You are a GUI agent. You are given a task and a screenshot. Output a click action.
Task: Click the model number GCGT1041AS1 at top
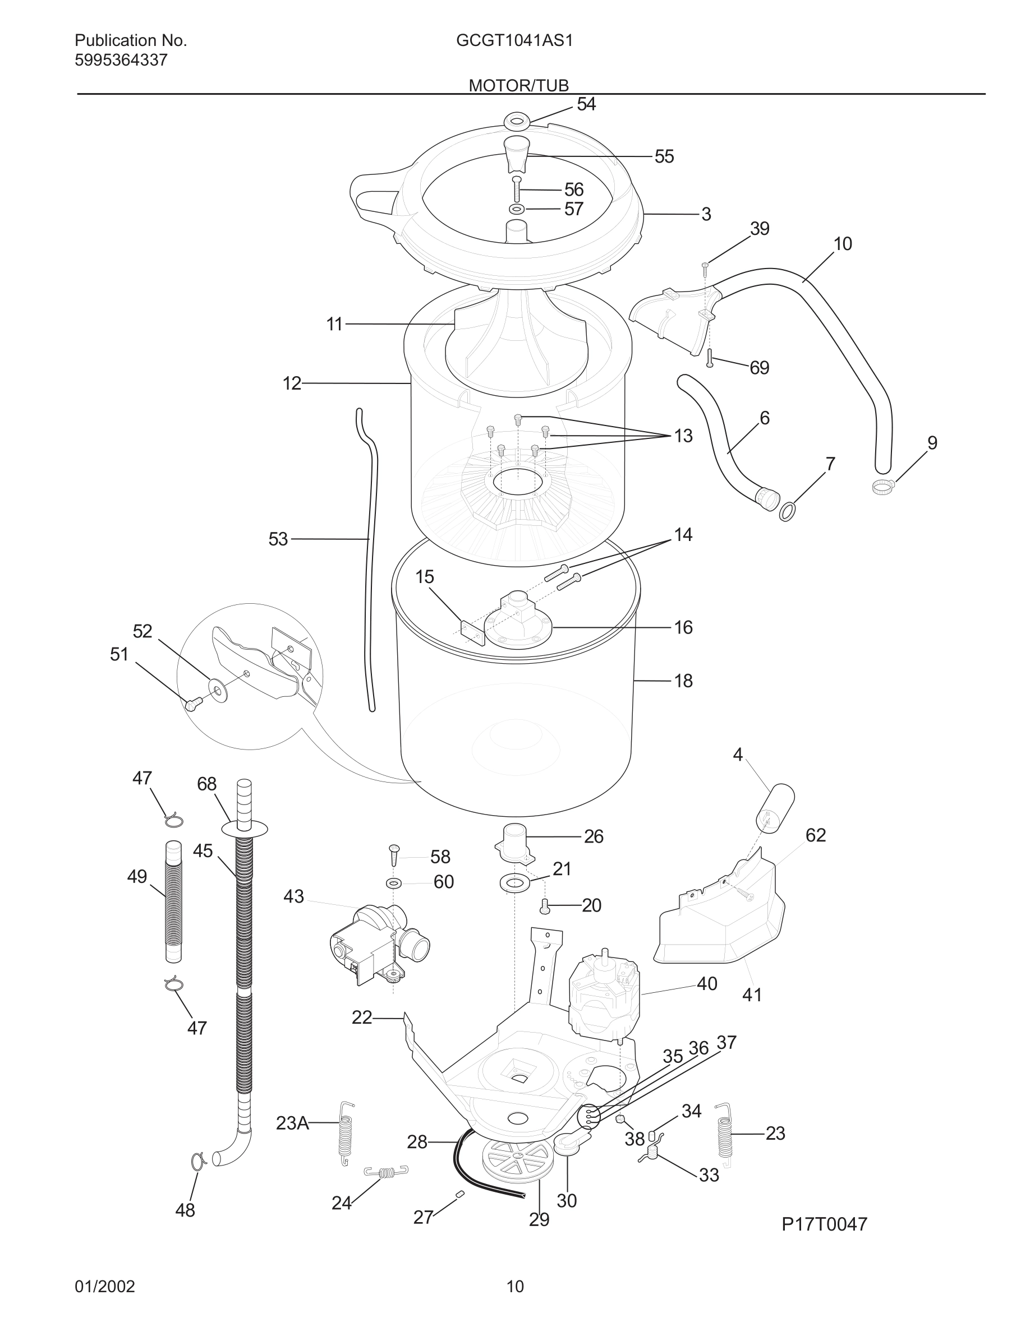click(514, 41)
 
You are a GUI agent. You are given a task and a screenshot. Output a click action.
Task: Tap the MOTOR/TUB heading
click(518, 85)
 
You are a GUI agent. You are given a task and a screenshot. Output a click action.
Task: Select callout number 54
click(586, 105)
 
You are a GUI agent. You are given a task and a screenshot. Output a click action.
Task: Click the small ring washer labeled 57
click(517, 210)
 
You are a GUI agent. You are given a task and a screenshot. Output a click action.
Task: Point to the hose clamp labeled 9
click(882, 486)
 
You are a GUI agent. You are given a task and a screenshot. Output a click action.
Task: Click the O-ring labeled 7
click(788, 511)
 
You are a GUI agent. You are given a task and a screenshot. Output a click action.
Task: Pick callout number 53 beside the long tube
click(278, 539)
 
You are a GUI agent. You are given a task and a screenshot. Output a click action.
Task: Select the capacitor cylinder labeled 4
click(774, 807)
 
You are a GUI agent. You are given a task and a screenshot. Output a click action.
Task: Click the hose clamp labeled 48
click(198, 1162)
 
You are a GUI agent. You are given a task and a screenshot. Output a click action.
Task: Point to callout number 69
click(759, 368)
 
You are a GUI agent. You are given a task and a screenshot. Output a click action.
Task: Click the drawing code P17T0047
click(824, 1223)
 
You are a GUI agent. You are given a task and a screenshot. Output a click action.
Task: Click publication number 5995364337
click(121, 61)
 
